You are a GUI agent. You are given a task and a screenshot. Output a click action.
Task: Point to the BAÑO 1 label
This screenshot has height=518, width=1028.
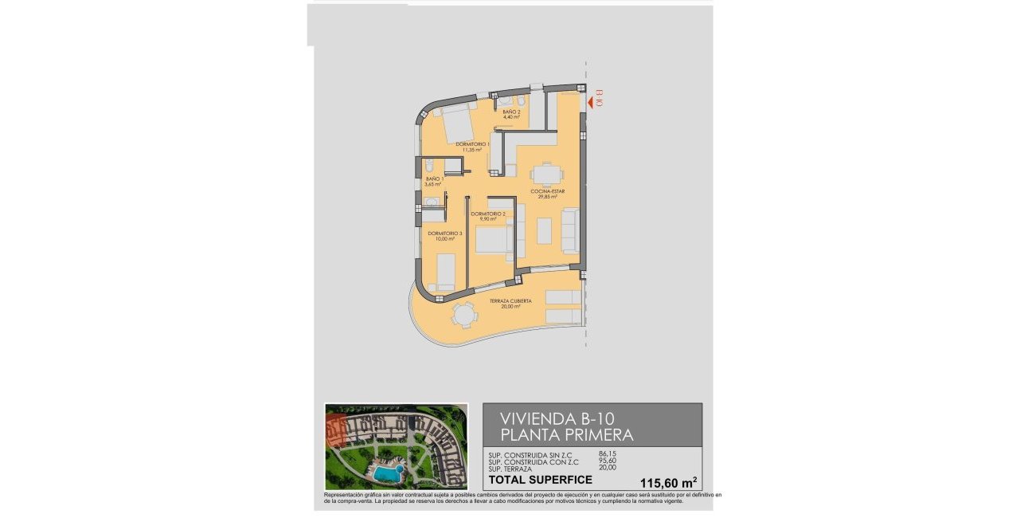433,181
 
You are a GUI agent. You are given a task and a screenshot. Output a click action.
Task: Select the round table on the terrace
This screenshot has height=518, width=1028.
463,316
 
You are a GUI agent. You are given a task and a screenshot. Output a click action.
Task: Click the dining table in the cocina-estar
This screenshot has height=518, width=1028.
546,175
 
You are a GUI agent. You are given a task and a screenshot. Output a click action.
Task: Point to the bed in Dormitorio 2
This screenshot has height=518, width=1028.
493,240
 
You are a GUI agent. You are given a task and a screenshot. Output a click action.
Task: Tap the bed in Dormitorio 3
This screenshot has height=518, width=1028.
444,272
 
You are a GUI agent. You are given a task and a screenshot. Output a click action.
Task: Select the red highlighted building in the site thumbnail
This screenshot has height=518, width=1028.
338,430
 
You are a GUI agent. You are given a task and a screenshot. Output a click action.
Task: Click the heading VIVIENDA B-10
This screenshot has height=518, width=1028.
557,418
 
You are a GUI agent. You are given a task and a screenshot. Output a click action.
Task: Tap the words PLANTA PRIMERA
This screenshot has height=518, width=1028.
566,435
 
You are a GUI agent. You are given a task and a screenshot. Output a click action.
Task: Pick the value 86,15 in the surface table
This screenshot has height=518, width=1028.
607,454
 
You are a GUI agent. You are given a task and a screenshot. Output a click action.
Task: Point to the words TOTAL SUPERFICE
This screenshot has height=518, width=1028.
540,480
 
